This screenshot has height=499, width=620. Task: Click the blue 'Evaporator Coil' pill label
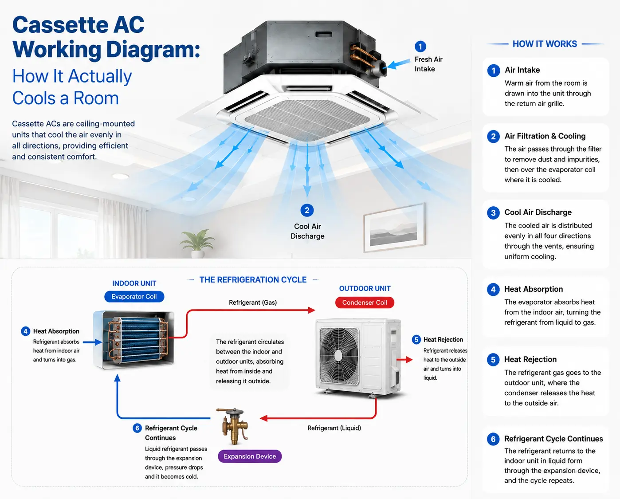click(x=134, y=296)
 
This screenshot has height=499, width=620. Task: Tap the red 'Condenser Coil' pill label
click(x=365, y=303)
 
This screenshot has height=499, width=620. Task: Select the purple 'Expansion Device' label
click(x=250, y=456)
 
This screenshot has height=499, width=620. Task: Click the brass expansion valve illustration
click(x=233, y=426)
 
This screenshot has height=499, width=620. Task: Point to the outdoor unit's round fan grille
click(x=339, y=356)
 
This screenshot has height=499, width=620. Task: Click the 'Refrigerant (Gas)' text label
click(x=253, y=303)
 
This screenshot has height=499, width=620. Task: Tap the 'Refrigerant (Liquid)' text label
click(x=334, y=428)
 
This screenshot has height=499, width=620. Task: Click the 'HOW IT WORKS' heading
click(x=545, y=44)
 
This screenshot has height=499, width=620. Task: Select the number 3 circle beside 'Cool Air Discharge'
click(x=493, y=212)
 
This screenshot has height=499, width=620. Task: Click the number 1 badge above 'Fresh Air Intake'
click(x=420, y=47)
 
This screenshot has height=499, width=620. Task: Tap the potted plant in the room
click(x=198, y=244)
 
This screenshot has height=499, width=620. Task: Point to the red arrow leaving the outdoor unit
click(x=404, y=360)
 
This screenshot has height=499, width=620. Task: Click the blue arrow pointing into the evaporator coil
click(x=93, y=342)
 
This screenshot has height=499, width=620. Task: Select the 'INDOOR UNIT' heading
click(x=134, y=283)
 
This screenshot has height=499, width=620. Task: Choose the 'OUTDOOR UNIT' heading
click(x=365, y=288)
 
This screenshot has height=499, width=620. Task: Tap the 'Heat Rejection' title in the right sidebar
click(x=530, y=359)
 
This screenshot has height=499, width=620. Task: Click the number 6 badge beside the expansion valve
click(x=137, y=428)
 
